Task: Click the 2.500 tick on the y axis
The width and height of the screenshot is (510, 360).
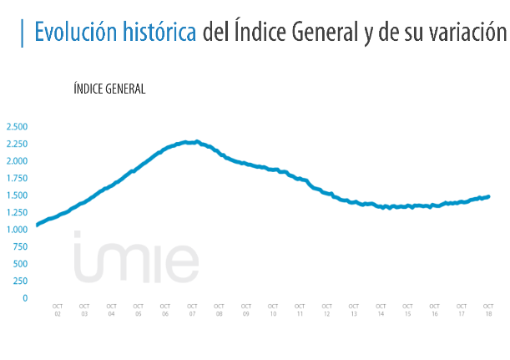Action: (x=17, y=127)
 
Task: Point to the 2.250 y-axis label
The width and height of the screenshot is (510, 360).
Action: (x=17, y=144)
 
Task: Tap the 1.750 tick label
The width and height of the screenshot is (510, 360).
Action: (x=17, y=179)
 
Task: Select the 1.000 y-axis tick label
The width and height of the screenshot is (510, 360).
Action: (x=17, y=230)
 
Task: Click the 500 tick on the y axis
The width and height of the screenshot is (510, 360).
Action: (x=21, y=264)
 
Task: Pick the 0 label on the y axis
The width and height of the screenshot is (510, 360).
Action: (x=25, y=298)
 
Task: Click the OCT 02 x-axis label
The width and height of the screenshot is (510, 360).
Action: (x=58, y=310)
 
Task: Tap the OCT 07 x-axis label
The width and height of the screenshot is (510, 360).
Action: (x=192, y=310)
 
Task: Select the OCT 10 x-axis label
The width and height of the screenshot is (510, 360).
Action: (x=273, y=310)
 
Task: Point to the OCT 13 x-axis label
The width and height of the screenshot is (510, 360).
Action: (x=353, y=310)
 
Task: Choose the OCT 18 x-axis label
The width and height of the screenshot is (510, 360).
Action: (x=488, y=310)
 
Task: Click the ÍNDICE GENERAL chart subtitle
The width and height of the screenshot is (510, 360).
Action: (x=109, y=89)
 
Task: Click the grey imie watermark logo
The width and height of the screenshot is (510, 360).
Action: (x=135, y=257)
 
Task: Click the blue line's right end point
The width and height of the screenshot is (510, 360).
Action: (x=488, y=197)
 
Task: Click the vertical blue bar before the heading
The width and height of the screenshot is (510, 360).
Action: (x=22, y=33)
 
